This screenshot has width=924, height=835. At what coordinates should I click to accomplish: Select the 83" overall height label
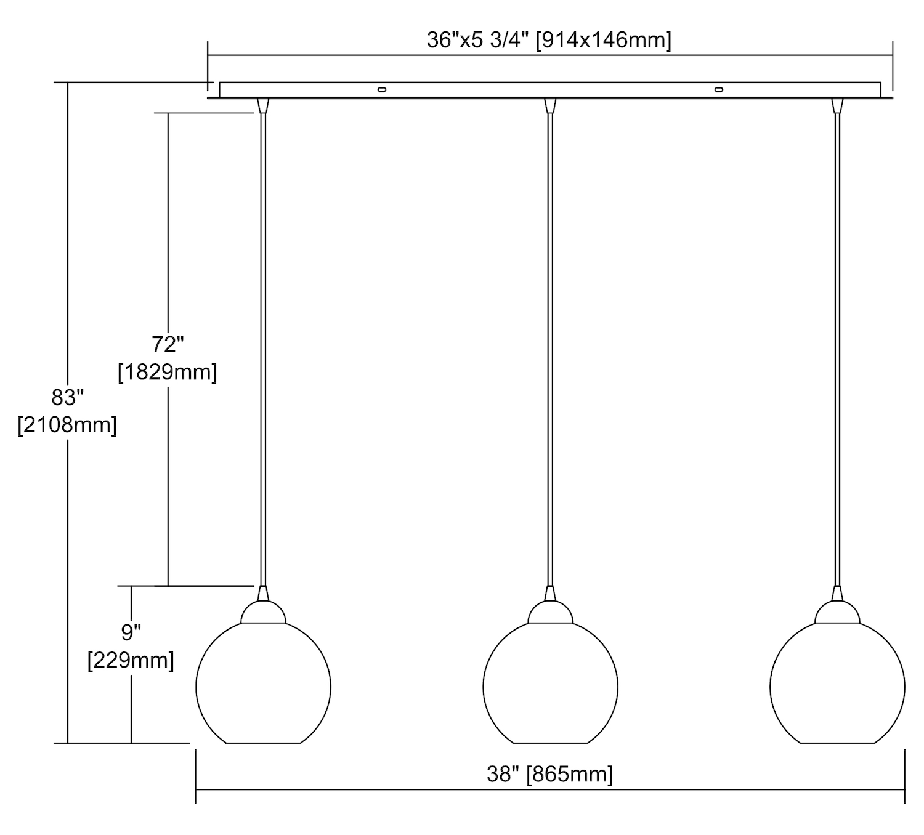(x=68, y=397)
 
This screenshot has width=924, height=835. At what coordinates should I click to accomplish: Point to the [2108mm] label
(x=67, y=425)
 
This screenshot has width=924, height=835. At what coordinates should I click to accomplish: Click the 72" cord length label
(x=168, y=344)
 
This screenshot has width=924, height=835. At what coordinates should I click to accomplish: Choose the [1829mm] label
(x=168, y=372)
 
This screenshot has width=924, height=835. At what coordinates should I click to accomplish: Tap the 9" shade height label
(x=131, y=633)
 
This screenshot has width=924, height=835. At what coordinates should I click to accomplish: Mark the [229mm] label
(x=131, y=661)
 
